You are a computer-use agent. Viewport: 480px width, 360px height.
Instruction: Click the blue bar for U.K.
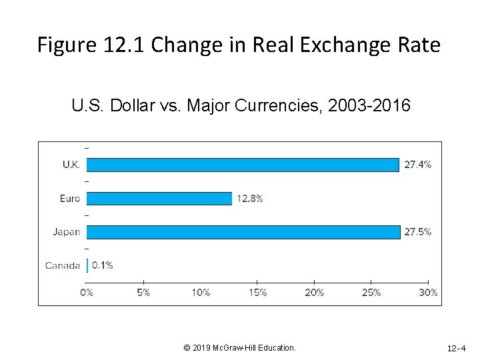coord(243,165)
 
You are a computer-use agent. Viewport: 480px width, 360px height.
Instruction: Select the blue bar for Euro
coord(159,198)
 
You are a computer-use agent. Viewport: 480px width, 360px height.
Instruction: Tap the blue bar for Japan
coord(243,232)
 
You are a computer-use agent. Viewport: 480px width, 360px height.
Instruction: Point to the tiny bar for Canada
coord(87,265)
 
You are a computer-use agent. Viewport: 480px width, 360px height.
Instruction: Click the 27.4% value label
coord(418,165)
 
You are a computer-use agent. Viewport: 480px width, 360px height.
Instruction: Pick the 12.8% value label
coord(250,198)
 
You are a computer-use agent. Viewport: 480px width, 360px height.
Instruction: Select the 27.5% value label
coord(418,232)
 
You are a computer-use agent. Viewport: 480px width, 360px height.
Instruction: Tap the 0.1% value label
coord(102,265)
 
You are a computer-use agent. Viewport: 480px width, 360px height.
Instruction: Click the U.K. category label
coord(71,165)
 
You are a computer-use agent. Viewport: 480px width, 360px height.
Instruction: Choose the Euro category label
coord(69,198)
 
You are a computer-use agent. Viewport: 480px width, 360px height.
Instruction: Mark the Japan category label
coord(67,232)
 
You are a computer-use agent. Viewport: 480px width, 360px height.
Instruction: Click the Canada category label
coord(63,265)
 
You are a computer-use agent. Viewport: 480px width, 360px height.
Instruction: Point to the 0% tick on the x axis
coord(87,292)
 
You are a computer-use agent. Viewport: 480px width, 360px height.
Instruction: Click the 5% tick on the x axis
coord(143,292)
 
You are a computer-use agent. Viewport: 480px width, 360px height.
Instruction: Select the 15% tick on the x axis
coord(257,292)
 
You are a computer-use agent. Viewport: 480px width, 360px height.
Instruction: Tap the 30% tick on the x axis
coord(428,292)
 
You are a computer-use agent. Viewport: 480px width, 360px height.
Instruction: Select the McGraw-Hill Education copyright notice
coord(239,348)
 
